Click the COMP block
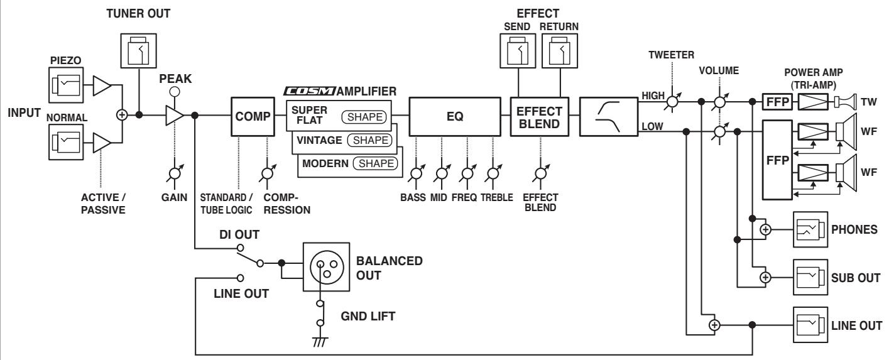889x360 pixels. [253, 116]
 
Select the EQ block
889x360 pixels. [455, 116]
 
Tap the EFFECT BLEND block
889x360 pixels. [539, 117]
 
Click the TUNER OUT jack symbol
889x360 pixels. [138, 51]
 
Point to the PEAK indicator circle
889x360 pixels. [175, 92]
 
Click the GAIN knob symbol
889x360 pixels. [175, 174]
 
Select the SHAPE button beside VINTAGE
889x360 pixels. [369, 140]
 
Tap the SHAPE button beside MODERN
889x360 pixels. [375, 163]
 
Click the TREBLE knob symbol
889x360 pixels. [493, 174]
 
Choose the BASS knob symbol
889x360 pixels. [417, 174]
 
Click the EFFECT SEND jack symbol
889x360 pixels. [518, 51]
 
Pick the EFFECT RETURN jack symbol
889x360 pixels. [560, 51]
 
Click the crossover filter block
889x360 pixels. [609, 117]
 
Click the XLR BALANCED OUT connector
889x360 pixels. [326, 267]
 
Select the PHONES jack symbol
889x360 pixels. [810, 229]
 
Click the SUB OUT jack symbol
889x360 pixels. [810, 278]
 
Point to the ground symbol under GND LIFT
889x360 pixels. [320, 342]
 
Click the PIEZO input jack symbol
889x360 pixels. [66, 85]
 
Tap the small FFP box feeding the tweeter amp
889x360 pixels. [777, 102]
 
